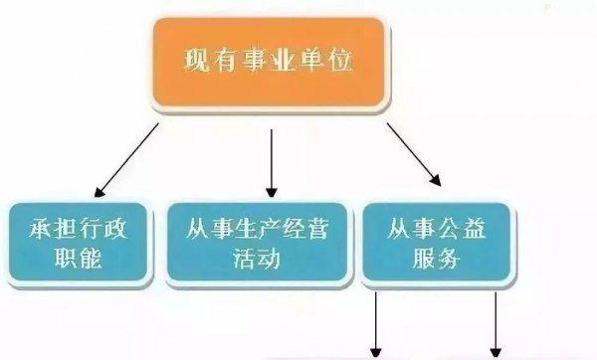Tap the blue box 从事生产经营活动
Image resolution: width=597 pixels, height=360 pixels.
tap(261, 242)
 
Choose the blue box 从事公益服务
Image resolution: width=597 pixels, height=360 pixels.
tap(436, 242)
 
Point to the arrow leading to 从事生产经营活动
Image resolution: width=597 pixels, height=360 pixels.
tap(271, 158)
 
